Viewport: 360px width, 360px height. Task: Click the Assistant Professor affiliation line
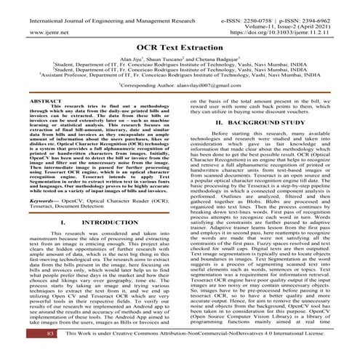coord(180,74)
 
